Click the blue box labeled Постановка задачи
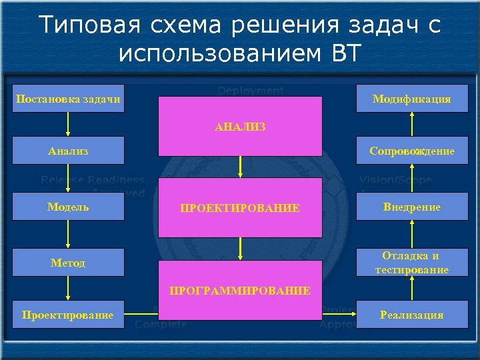click(68, 99)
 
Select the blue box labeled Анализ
click(68, 151)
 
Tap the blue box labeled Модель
click(68, 207)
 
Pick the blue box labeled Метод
click(68, 263)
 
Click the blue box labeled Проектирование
click(68, 315)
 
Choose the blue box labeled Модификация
click(411, 99)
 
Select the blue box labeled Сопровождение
click(411, 151)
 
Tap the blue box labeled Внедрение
click(411, 207)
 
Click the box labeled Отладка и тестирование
click(411, 263)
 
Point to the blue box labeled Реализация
click(411, 315)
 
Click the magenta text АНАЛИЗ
click(240, 126)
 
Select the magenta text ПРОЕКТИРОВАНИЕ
click(240, 208)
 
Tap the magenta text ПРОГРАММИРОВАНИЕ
click(240, 291)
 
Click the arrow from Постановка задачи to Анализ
click(68, 125)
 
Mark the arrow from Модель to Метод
click(68, 235)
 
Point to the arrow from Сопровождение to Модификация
click(412, 125)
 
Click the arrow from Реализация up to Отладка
click(412, 289)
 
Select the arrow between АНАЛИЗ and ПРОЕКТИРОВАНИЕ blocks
click(240, 167)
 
